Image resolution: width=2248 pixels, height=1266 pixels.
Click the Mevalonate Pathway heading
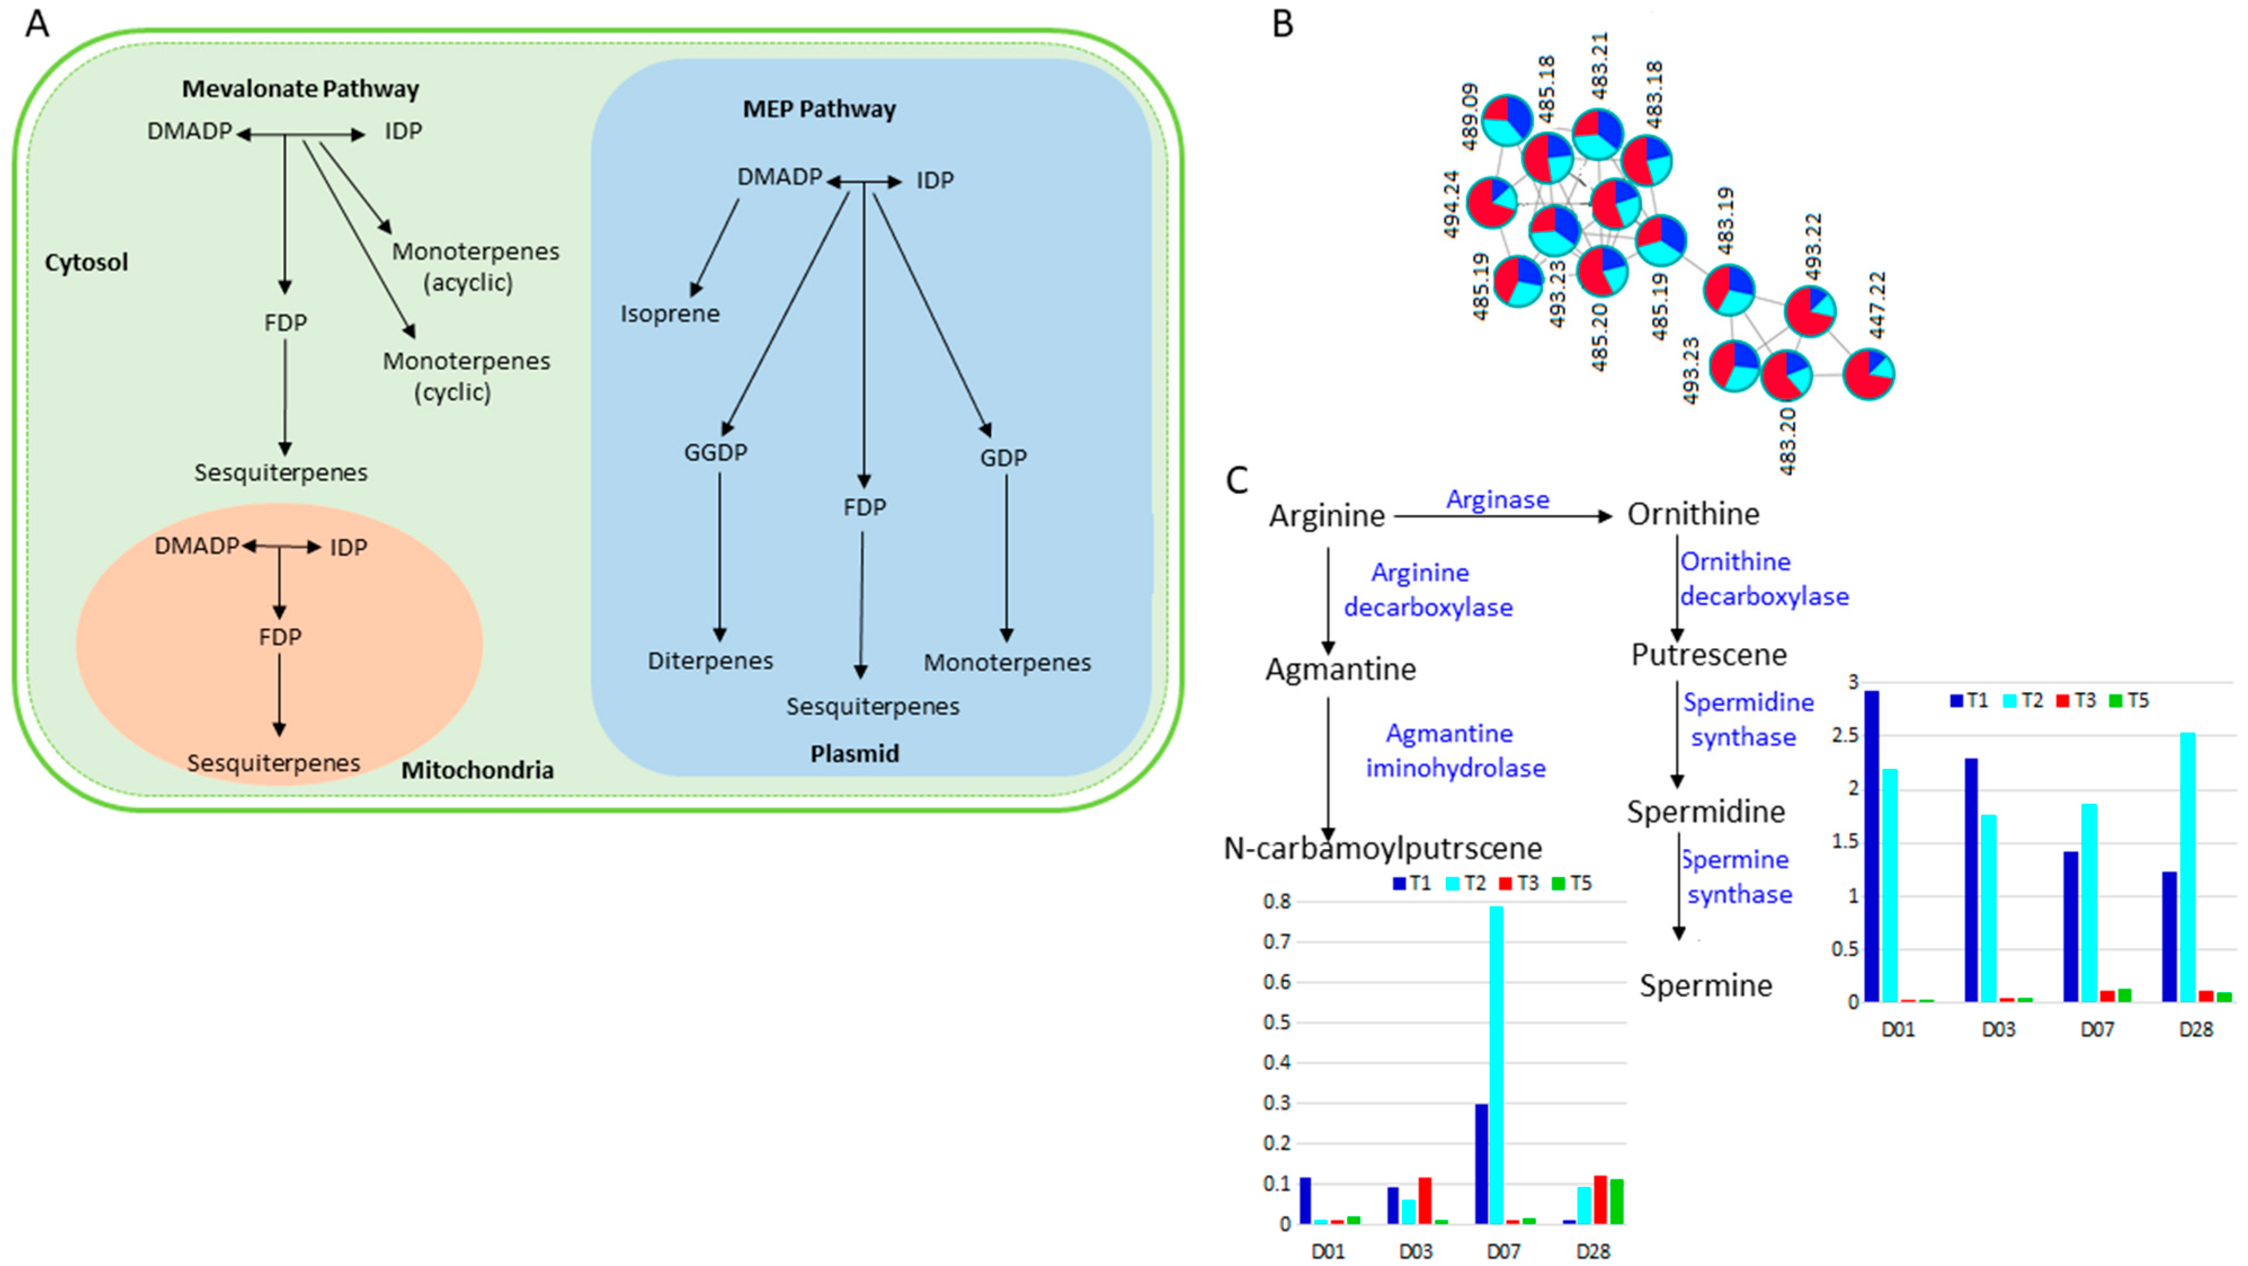coord(300,89)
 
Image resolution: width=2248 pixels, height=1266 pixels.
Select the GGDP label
coord(715,452)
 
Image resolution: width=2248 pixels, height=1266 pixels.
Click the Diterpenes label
coord(710,661)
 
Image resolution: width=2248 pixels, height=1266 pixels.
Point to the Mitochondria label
coord(477,770)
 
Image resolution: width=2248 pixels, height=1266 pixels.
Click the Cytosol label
coord(86,262)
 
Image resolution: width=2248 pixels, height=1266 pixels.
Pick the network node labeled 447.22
coord(1868,374)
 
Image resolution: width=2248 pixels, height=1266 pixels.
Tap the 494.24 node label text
coord(1451,204)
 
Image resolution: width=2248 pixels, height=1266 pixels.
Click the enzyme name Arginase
coord(1498,499)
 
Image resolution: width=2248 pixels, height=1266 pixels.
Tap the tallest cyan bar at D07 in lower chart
coord(1496,1065)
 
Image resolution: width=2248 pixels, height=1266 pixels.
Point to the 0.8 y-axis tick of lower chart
coord(1277,902)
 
